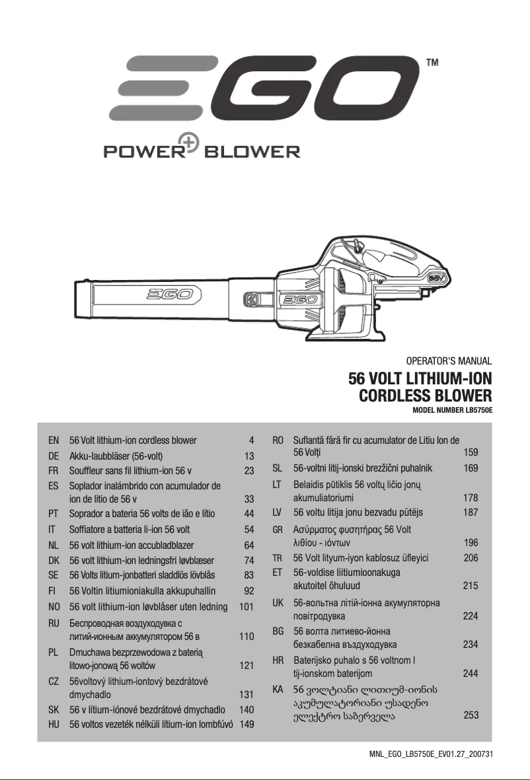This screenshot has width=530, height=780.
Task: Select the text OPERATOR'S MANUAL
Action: pos(449,361)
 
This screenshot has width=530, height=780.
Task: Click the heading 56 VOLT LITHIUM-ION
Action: pos(420,380)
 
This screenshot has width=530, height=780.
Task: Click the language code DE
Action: pos(54,456)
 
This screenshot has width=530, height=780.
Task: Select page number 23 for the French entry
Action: pos(249,471)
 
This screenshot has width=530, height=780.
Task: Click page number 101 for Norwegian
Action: pos(246,606)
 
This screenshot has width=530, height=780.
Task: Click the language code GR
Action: pos(278,530)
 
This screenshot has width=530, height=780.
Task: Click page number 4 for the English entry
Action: pos(251,440)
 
